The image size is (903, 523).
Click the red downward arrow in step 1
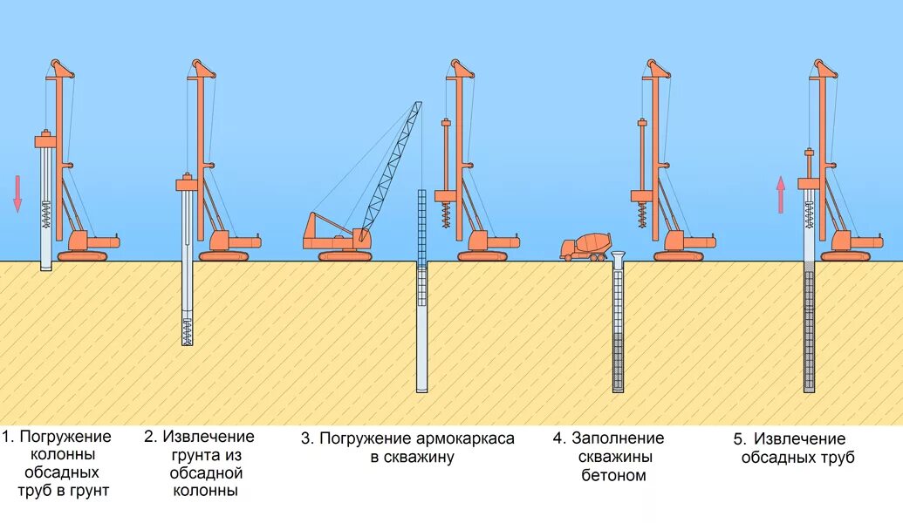(17, 193)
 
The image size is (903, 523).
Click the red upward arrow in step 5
(781, 194)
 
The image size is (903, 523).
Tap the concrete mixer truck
(585, 246)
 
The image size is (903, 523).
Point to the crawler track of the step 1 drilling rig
(83, 255)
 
